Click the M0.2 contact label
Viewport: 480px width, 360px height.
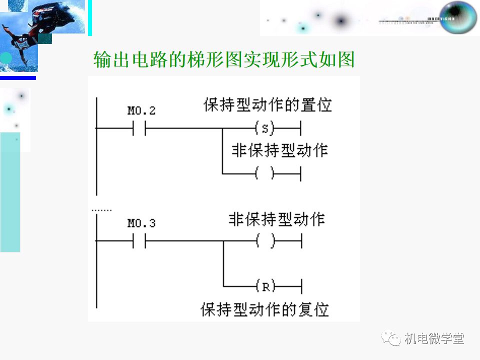pos(141,110)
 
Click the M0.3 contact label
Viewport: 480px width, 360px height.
pos(141,223)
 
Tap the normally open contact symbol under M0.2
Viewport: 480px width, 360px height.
pos(139,128)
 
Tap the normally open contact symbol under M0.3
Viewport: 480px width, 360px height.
pos(139,241)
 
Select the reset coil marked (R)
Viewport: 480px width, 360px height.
pos(265,286)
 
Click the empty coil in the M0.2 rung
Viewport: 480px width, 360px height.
pos(265,173)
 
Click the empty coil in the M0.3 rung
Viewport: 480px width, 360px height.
pos(265,241)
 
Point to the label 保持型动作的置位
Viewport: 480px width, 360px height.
pos(267,105)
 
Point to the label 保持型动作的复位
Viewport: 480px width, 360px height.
pos(265,309)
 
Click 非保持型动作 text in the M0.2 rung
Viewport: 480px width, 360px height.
pos(279,150)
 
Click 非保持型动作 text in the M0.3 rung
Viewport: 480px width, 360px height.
pos(277,219)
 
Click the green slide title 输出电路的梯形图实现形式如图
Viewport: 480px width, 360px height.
pos(224,60)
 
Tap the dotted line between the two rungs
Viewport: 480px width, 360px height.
pos(102,210)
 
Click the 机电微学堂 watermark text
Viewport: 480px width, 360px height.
pos(434,338)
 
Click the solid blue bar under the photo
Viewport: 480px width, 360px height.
pos(18,77)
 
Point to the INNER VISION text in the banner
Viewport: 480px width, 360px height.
pos(440,18)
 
